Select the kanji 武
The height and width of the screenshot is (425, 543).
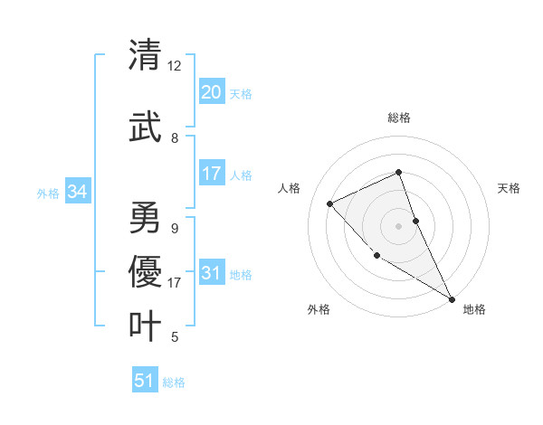pos(145,127)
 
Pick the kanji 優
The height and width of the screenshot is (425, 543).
pos(145,271)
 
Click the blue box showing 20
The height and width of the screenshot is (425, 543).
pos(212,92)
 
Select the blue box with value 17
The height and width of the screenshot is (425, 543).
pos(212,174)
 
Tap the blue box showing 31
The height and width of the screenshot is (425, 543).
pos(212,273)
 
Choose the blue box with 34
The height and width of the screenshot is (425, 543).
pos(77,192)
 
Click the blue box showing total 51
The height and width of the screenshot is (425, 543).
pos(145,381)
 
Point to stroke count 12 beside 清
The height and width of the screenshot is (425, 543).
pos(174,66)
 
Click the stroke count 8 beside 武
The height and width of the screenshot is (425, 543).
pos(174,138)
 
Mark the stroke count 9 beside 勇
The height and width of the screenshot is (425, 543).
pos(174,229)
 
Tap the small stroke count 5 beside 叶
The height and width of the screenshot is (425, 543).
pos(174,337)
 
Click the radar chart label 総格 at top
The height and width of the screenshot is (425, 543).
pos(399,118)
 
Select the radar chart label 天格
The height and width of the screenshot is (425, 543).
pos(509,188)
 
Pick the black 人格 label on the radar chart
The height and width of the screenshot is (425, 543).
pos(290,188)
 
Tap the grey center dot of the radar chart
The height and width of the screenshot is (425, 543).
pos(399,225)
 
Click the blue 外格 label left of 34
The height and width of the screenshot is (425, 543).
pos(48,193)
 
